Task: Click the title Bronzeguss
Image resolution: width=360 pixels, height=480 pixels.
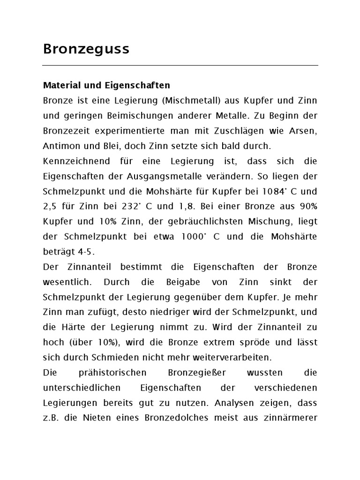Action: pos(86,49)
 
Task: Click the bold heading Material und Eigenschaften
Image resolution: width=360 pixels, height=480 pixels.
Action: pos(106,86)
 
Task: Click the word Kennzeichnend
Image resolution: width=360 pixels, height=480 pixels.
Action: pos(73,161)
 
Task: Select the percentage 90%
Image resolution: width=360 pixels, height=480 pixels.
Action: pos(307,206)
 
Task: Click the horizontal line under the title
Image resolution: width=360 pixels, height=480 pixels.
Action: pos(180,65)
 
